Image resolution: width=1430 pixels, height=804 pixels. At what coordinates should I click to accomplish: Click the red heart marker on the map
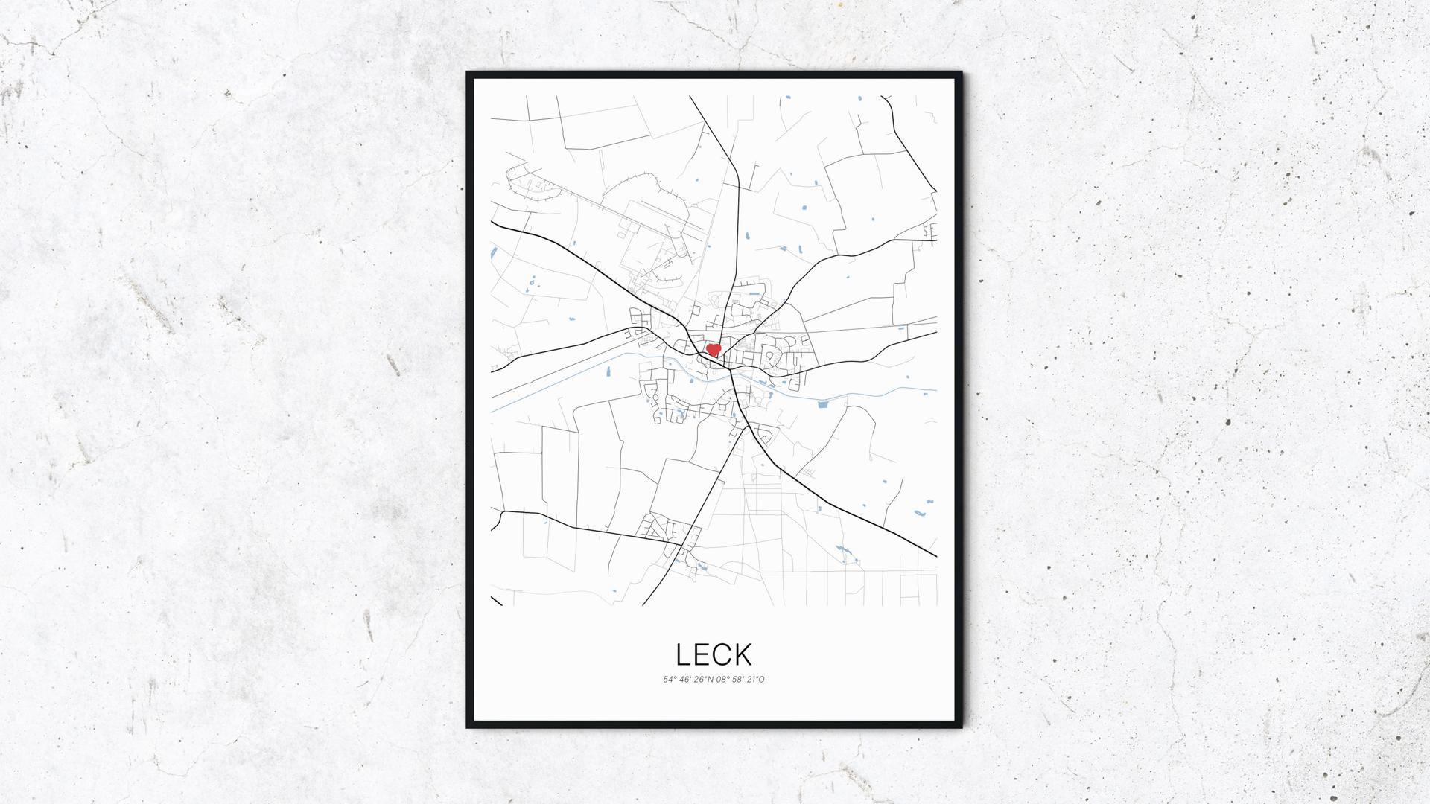(713, 349)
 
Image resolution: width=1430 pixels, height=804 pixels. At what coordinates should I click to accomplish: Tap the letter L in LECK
(684, 654)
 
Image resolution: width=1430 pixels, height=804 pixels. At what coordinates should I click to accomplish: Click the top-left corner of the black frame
(468, 74)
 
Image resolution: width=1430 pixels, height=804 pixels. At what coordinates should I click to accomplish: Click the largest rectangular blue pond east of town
(823, 405)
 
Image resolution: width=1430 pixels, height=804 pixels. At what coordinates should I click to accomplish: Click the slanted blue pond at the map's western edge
(493, 252)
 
